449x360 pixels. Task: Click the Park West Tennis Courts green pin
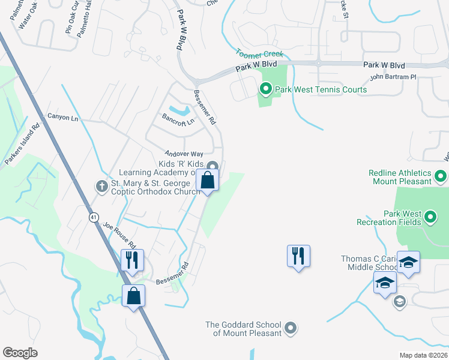(x=266, y=90)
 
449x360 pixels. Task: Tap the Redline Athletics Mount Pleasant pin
(x=441, y=177)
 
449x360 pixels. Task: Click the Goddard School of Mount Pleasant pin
(x=291, y=328)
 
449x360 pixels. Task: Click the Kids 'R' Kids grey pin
(x=211, y=167)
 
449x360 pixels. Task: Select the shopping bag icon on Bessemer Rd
(x=208, y=181)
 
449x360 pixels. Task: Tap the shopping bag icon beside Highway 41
(x=133, y=295)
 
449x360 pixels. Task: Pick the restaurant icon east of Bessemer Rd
(x=298, y=256)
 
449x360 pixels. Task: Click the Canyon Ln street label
(x=63, y=117)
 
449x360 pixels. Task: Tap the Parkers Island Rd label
(x=22, y=145)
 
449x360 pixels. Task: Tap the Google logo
(x=20, y=353)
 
